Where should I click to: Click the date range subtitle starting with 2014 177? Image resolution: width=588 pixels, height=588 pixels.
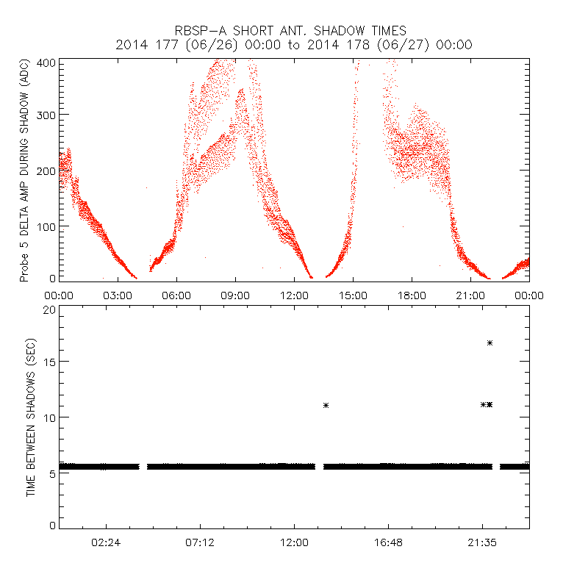[x=294, y=45]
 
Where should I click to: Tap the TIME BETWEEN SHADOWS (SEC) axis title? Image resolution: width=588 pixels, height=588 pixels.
[x=31, y=417]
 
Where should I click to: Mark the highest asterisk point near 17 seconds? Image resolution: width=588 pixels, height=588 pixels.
[x=490, y=343]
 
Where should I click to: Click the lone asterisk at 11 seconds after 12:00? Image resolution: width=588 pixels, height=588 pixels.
[x=326, y=405]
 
